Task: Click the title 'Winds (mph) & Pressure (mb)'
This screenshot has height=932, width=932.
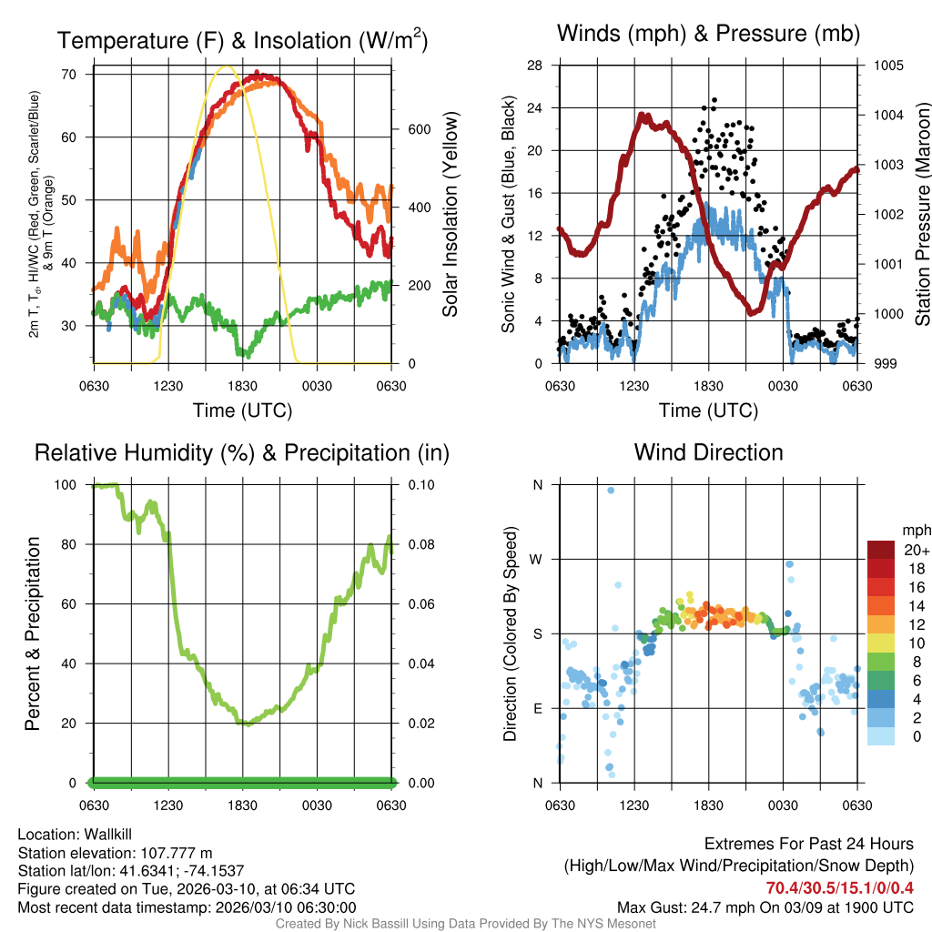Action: [x=708, y=35]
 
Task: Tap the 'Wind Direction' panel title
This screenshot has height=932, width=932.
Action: [x=708, y=452]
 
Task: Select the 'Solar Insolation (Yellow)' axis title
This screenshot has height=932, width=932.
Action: [x=451, y=215]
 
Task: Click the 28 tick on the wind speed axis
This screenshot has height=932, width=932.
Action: [x=535, y=66]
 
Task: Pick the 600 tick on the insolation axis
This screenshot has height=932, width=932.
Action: [x=418, y=129]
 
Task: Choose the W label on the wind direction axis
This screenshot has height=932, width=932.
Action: [x=537, y=559]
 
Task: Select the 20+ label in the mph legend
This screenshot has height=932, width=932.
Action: [x=917, y=550]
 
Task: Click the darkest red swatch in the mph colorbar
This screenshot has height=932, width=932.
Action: [x=881, y=550]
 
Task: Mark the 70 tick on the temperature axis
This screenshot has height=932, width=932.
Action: [x=67, y=74]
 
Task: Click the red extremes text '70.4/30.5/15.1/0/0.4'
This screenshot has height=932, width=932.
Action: [x=839, y=887]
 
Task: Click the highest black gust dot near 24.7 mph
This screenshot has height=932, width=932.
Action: [x=714, y=100]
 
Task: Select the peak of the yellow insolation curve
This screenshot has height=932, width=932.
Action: [x=226, y=66]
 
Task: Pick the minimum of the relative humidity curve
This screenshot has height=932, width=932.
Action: [x=245, y=724]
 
